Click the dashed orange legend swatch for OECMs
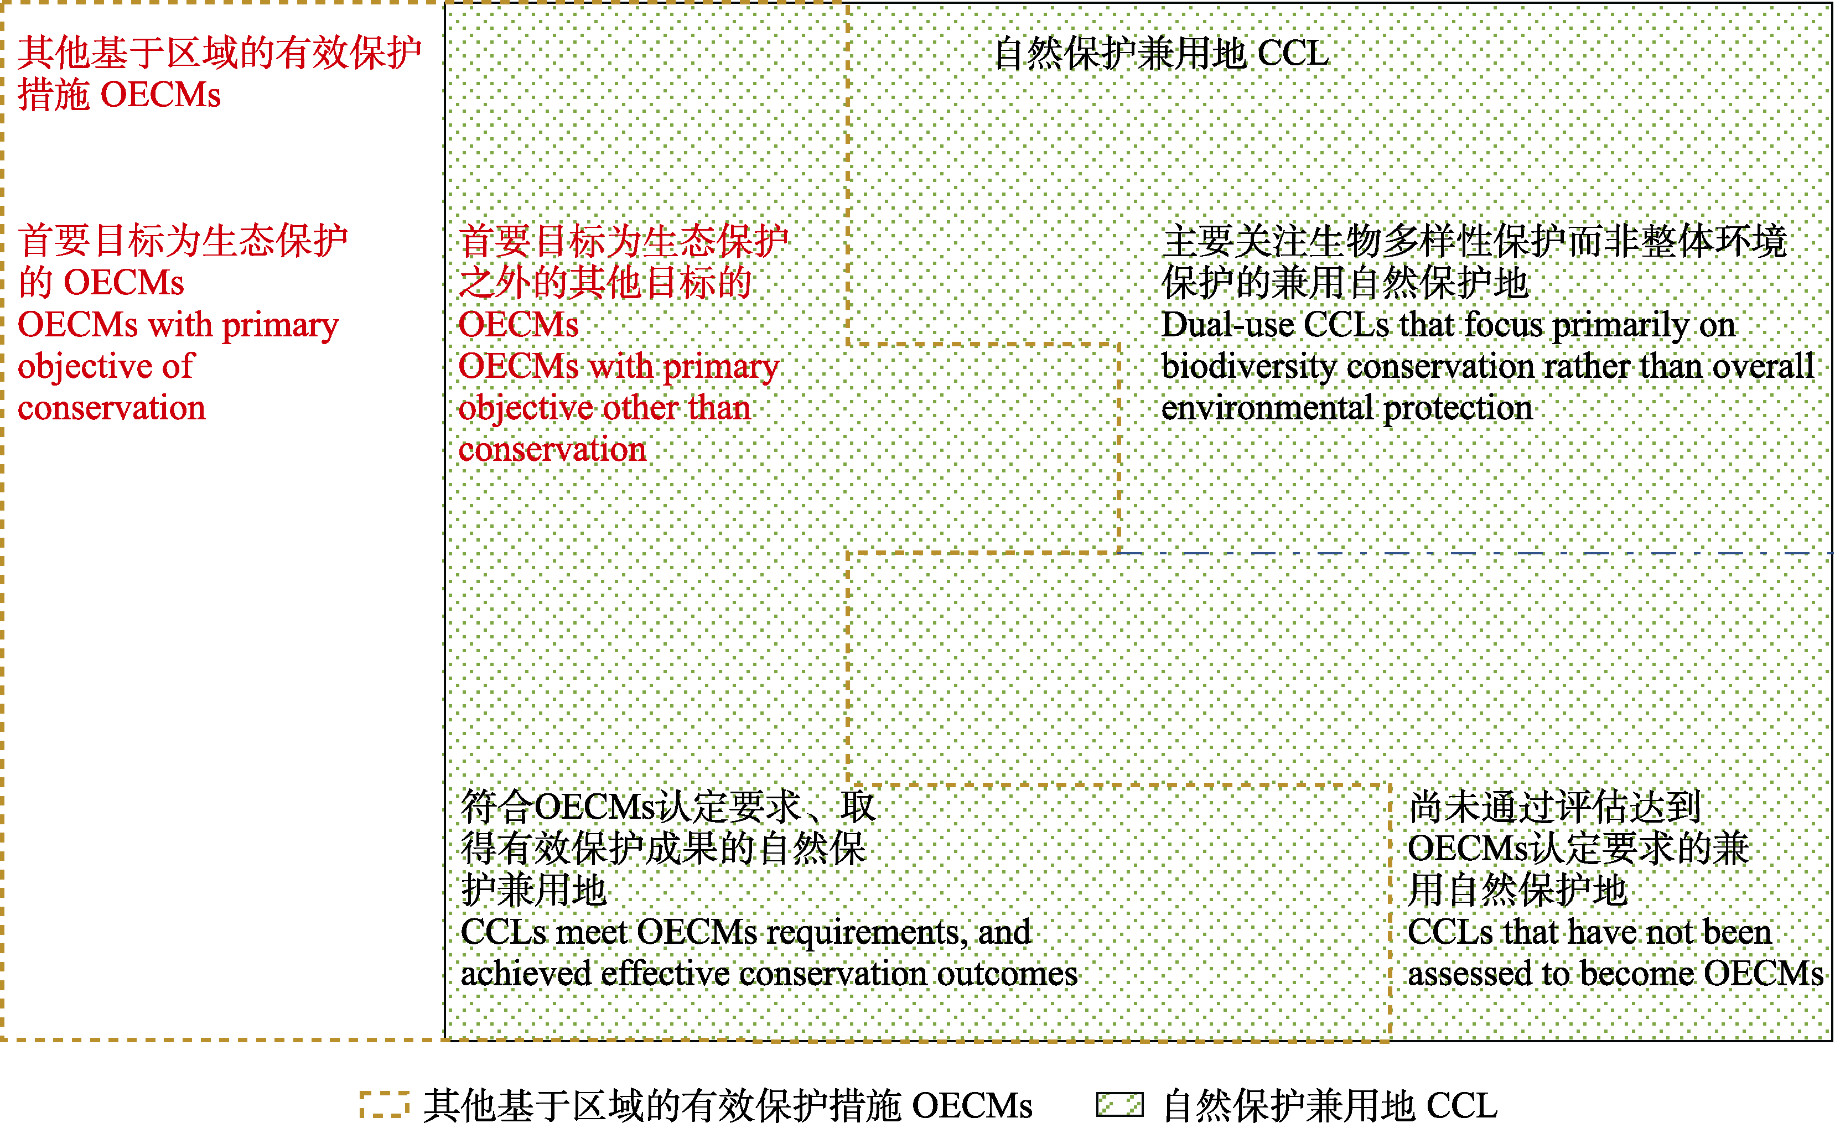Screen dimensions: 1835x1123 tap(384, 1104)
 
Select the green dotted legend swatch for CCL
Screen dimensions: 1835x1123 tap(1119, 1104)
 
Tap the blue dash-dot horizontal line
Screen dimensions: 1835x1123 tap(1475, 553)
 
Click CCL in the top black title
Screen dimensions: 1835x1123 tap(1292, 54)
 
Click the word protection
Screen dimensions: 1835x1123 tap(1458, 408)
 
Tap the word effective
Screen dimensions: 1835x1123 tap(665, 973)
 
